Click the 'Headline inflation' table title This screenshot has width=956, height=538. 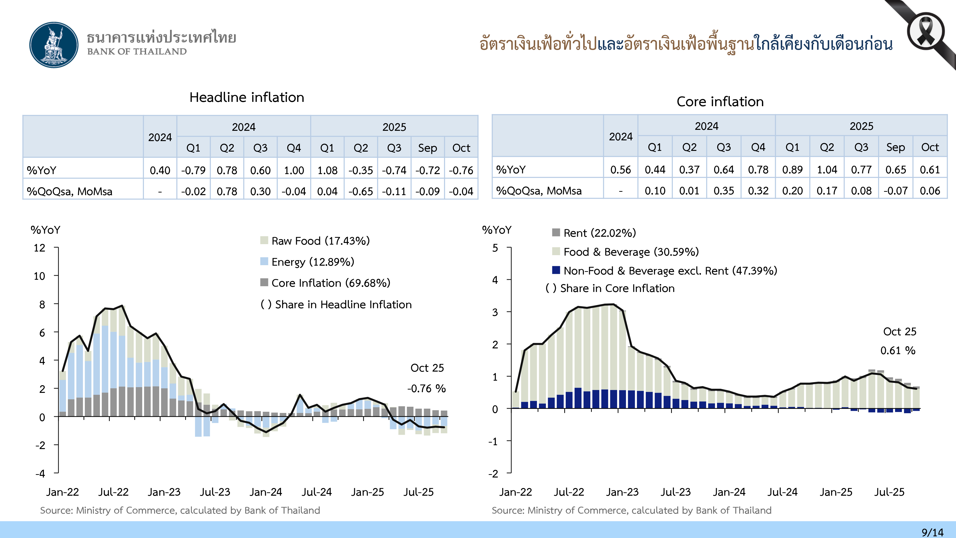pos(247,97)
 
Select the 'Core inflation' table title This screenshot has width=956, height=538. pos(720,102)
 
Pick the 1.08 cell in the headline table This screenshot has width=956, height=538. pos(327,170)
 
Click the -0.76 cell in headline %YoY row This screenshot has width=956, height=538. pos(461,170)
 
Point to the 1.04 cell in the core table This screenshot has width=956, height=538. pos(827,170)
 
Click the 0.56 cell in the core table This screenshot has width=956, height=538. pos(620,170)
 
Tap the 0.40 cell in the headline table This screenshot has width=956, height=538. pos(160,170)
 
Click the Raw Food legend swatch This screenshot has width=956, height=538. pos(264,240)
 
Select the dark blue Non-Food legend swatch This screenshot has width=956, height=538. pos(556,270)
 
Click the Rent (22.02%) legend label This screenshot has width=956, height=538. pos(599,233)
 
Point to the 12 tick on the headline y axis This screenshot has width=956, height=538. pos(39,248)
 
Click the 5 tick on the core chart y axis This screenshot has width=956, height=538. pos(495,248)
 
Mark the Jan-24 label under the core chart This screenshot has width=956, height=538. pos(729,492)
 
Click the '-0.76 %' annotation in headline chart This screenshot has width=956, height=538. pos(426,388)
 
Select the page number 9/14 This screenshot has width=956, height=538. pos(932,532)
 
